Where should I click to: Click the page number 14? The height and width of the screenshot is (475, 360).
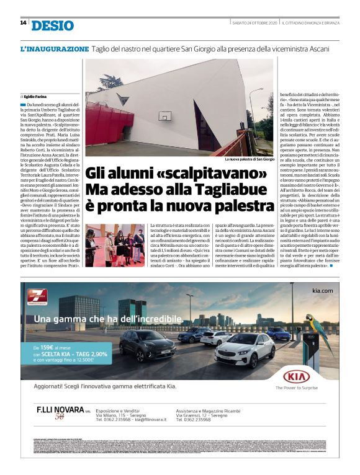pos(23,23)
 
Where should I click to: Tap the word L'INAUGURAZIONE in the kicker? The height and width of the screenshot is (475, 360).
pos(55,48)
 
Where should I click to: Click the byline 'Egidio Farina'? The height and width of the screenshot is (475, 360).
pos(38,97)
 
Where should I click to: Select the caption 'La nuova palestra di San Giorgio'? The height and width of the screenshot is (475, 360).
pos(249,159)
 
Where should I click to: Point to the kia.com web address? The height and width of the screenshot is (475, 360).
pos(323,291)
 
